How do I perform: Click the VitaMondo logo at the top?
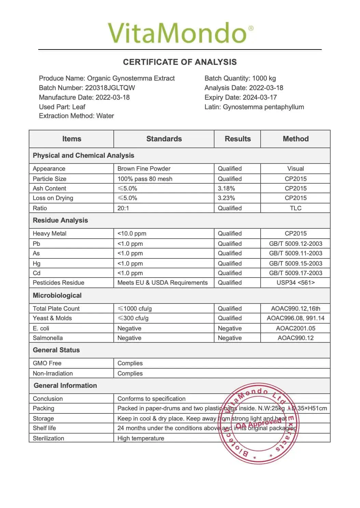(x=180, y=33)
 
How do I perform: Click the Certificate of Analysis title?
(x=180, y=62)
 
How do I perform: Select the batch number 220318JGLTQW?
(x=110, y=88)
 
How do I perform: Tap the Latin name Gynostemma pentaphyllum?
(x=263, y=107)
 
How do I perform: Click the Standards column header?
(x=164, y=139)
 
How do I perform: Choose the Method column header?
(x=295, y=139)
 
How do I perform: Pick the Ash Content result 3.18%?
(x=226, y=188)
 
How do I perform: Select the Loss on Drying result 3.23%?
(x=226, y=198)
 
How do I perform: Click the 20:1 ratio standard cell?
(x=123, y=208)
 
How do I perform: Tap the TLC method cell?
(x=295, y=208)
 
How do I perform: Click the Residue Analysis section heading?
(x=60, y=221)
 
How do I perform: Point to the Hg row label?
(x=37, y=264)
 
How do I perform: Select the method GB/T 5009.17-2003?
(x=295, y=273)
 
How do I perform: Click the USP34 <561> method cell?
(x=295, y=283)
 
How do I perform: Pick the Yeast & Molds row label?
(x=52, y=318)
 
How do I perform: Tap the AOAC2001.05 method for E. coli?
(x=295, y=328)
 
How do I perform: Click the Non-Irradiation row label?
(x=53, y=373)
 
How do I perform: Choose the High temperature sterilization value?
(x=141, y=438)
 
